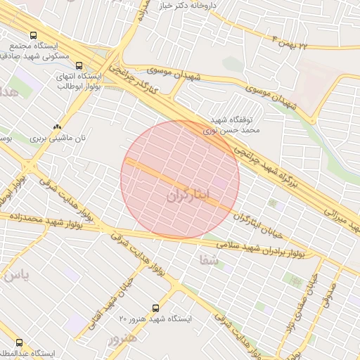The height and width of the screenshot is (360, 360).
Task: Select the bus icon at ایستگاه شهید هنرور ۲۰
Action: tap(155, 307)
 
